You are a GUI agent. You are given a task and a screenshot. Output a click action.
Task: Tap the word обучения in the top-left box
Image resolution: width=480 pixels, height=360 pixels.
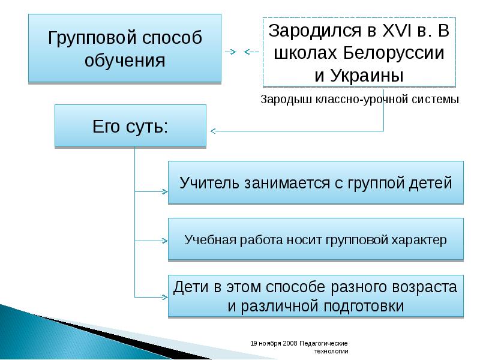125,60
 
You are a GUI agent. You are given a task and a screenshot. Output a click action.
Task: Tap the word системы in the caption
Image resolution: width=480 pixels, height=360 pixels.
436,100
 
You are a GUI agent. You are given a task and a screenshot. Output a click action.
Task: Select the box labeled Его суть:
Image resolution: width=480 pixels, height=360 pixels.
130,126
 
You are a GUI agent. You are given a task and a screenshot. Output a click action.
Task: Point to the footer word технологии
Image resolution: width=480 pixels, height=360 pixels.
331,351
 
